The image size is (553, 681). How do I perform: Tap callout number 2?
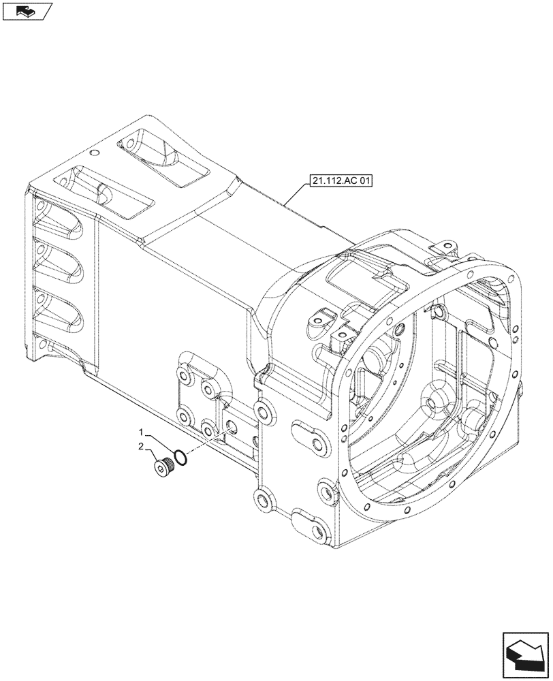coord(142,447)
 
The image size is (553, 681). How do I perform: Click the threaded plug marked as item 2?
coord(161,468)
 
